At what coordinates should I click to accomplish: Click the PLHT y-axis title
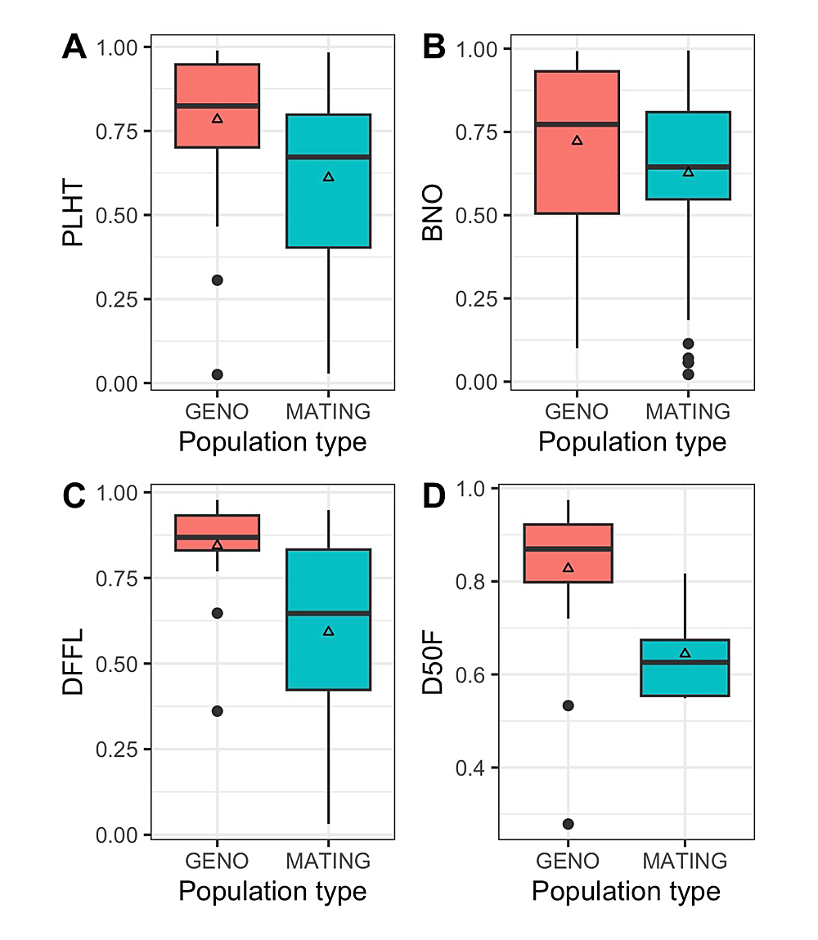(73, 216)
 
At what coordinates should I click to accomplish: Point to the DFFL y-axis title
(73, 664)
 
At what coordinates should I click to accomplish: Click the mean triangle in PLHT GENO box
(218, 119)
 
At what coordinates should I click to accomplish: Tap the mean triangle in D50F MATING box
(685, 653)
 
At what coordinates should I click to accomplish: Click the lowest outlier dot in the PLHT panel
(218, 374)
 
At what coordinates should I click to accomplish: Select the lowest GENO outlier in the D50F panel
(568, 824)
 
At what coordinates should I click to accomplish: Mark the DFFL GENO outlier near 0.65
(218, 613)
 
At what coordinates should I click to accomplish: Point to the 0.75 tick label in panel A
(118, 132)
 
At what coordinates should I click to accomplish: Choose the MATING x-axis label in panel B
(688, 410)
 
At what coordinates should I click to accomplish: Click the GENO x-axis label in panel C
(217, 862)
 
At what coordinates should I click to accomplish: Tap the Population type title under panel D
(626, 891)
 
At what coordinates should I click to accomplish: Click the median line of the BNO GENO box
(577, 124)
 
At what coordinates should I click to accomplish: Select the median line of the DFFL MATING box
(328, 613)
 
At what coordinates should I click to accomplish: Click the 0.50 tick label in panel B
(478, 216)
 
